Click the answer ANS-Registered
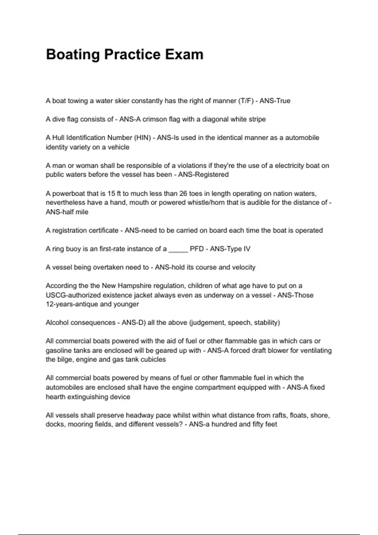pyautogui.click(x=203, y=175)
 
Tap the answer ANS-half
pyautogui.click(x=60, y=212)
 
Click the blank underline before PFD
pyautogui.click(x=178, y=249)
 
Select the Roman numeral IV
pyautogui.click(x=247, y=249)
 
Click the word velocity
pyautogui.click(x=243, y=267)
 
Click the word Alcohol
pyautogui.click(x=56, y=323)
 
